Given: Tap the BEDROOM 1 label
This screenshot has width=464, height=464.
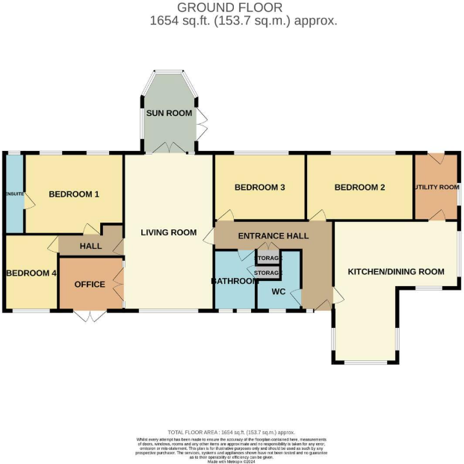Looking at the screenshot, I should [74, 195].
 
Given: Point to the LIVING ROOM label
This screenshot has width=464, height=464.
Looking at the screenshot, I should [169, 232].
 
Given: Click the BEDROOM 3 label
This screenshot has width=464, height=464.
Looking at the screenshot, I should [260, 188].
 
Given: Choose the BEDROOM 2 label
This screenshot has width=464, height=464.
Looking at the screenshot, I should [359, 188].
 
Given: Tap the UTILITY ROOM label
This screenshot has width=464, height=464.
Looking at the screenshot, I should [436, 187].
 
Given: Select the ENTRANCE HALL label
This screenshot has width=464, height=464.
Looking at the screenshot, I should [273, 236].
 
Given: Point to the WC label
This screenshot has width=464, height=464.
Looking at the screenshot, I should [278, 291].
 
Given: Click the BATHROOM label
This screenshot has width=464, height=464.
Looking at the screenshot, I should [234, 282].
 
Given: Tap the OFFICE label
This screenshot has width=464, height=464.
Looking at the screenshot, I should [90, 285].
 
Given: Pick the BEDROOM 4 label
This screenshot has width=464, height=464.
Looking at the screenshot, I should [31, 273].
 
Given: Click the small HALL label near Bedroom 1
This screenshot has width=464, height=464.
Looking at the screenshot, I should [90, 246].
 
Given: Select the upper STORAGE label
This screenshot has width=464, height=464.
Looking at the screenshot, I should [269, 259].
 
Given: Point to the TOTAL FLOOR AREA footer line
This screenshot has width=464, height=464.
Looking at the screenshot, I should [232, 433].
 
